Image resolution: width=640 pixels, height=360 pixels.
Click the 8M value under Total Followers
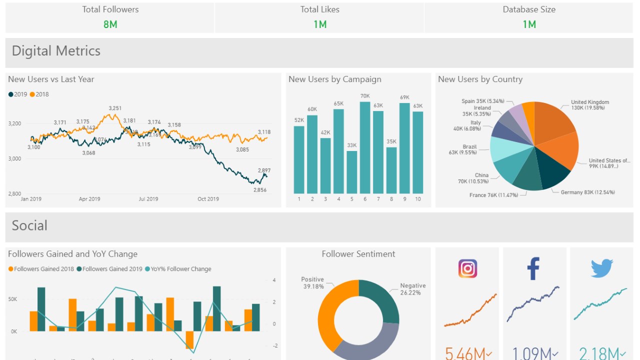(110, 24)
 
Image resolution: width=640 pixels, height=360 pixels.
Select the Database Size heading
(529, 9)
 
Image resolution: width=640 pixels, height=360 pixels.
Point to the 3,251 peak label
(115, 108)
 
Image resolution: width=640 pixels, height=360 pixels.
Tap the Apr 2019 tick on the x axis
(89, 199)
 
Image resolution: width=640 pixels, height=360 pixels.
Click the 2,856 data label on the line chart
(260, 190)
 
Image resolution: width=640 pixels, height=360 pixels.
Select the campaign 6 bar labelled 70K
(365, 147)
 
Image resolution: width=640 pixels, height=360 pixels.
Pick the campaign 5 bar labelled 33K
(352, 172)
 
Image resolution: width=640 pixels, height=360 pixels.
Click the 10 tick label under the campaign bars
(418, 199)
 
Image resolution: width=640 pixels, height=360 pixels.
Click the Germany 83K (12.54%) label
(588, 192)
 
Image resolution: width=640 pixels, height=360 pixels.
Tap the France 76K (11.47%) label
(493, 195)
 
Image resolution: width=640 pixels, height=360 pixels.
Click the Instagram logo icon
(467, 268)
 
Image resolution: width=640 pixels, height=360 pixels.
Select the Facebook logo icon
(533, 268)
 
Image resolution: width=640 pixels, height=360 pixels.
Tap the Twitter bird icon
(601, 268)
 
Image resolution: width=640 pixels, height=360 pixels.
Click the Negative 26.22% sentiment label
(412, 289)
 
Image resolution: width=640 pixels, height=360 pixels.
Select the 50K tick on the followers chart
(12, 299)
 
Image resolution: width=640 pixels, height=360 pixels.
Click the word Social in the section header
(29, 225)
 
